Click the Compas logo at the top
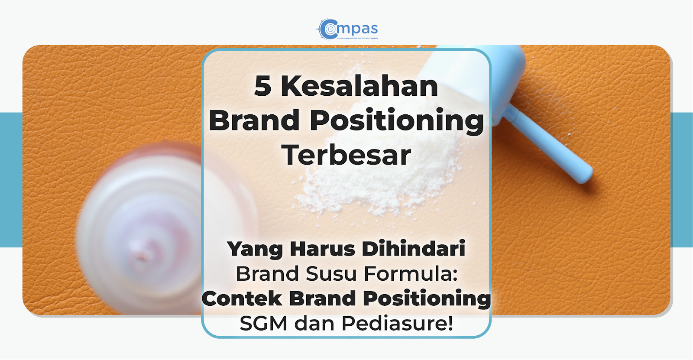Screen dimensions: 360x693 coord(347,29)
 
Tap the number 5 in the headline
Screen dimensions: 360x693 coord(262,86)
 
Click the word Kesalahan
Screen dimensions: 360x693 coord(359,86)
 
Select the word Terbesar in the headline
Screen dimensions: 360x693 coord(346,155)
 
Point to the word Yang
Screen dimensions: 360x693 coord(255,249)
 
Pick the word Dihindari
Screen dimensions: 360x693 coord(413,249)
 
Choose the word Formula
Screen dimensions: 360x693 coord(410,274)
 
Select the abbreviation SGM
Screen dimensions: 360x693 coord(263,323)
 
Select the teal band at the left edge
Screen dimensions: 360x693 coord(11,180)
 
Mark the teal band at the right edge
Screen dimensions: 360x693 coord(682,180)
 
